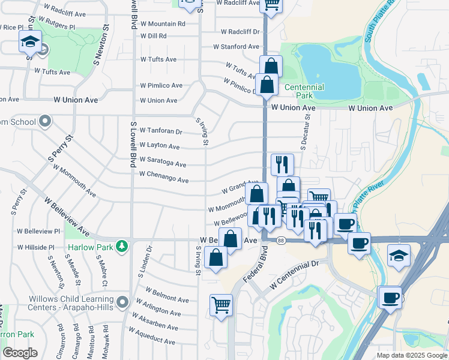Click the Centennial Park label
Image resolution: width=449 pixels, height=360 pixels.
click(x=304, y=91)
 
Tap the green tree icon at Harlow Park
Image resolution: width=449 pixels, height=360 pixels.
click(x=122, y=246)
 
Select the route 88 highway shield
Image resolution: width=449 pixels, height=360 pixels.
click(x=281, y=241)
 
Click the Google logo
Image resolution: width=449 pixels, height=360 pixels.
click(x=20, y=353)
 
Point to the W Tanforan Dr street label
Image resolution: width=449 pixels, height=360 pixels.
click(x=160, y=131)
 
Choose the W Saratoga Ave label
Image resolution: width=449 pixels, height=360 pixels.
click(x=163, y=164)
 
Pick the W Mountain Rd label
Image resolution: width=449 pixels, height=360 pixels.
click(x=163, y=24)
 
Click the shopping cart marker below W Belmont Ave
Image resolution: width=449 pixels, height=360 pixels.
click(x=221, y=305)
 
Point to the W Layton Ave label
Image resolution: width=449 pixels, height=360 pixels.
click(x=159, y=146)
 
